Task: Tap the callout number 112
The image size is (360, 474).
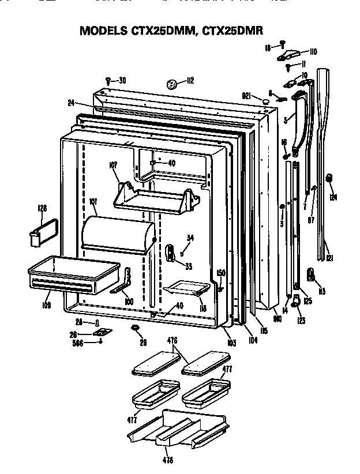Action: [x=190, y=81]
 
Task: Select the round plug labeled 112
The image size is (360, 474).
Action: [x=171, y=84]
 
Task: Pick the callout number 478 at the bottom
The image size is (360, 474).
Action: [x=168, y=460]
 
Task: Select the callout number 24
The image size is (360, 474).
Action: [x=71, y=103]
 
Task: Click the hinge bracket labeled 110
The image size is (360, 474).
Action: [x=288, y=56]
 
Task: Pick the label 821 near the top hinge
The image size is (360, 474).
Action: [x=247, y=96]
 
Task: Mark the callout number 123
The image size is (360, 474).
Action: [x=301, y=321]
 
